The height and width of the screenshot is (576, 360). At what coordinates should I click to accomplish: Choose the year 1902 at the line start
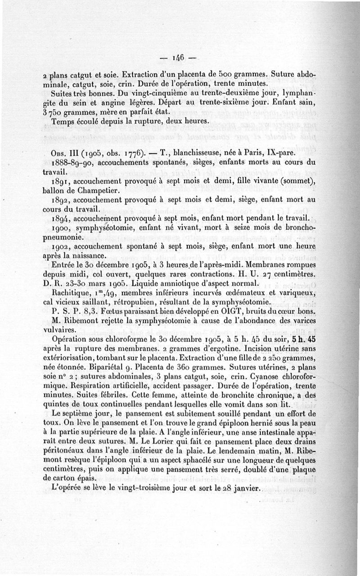pos(61,246)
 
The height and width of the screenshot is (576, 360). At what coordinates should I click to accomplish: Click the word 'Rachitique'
pos(72,293)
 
